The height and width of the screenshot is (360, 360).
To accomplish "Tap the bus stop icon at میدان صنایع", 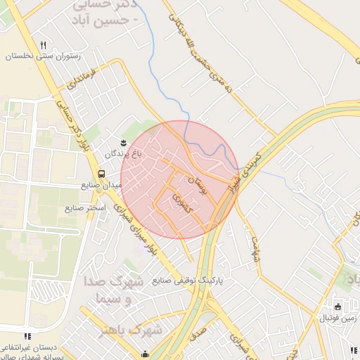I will click(x=101, y=174).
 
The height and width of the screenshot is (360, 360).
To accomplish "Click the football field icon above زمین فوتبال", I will click(x=337, y=307).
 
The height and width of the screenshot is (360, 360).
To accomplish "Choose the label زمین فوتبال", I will click(x=337, y=319).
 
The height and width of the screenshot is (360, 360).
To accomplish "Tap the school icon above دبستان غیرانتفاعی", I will click(x=27, y=337).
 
